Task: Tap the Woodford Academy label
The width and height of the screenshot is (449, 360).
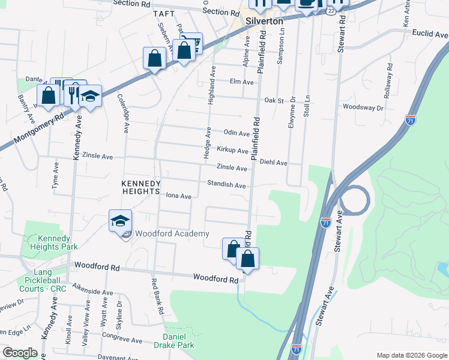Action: point(172,233)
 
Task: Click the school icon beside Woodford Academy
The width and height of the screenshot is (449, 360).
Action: point(120,221)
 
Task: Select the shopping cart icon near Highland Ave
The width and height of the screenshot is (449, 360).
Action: point(191,43)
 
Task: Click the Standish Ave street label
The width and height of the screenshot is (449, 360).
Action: point(226,185)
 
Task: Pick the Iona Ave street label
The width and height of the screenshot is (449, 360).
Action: point(178,196)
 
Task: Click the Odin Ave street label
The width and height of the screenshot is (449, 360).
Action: point(236,133)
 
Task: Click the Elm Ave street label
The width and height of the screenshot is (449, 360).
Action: point(242,82)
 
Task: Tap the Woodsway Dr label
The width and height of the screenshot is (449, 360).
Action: point(363,107)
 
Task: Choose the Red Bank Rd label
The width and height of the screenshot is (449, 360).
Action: point(158,298)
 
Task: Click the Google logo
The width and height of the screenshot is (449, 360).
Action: point(20,353)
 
